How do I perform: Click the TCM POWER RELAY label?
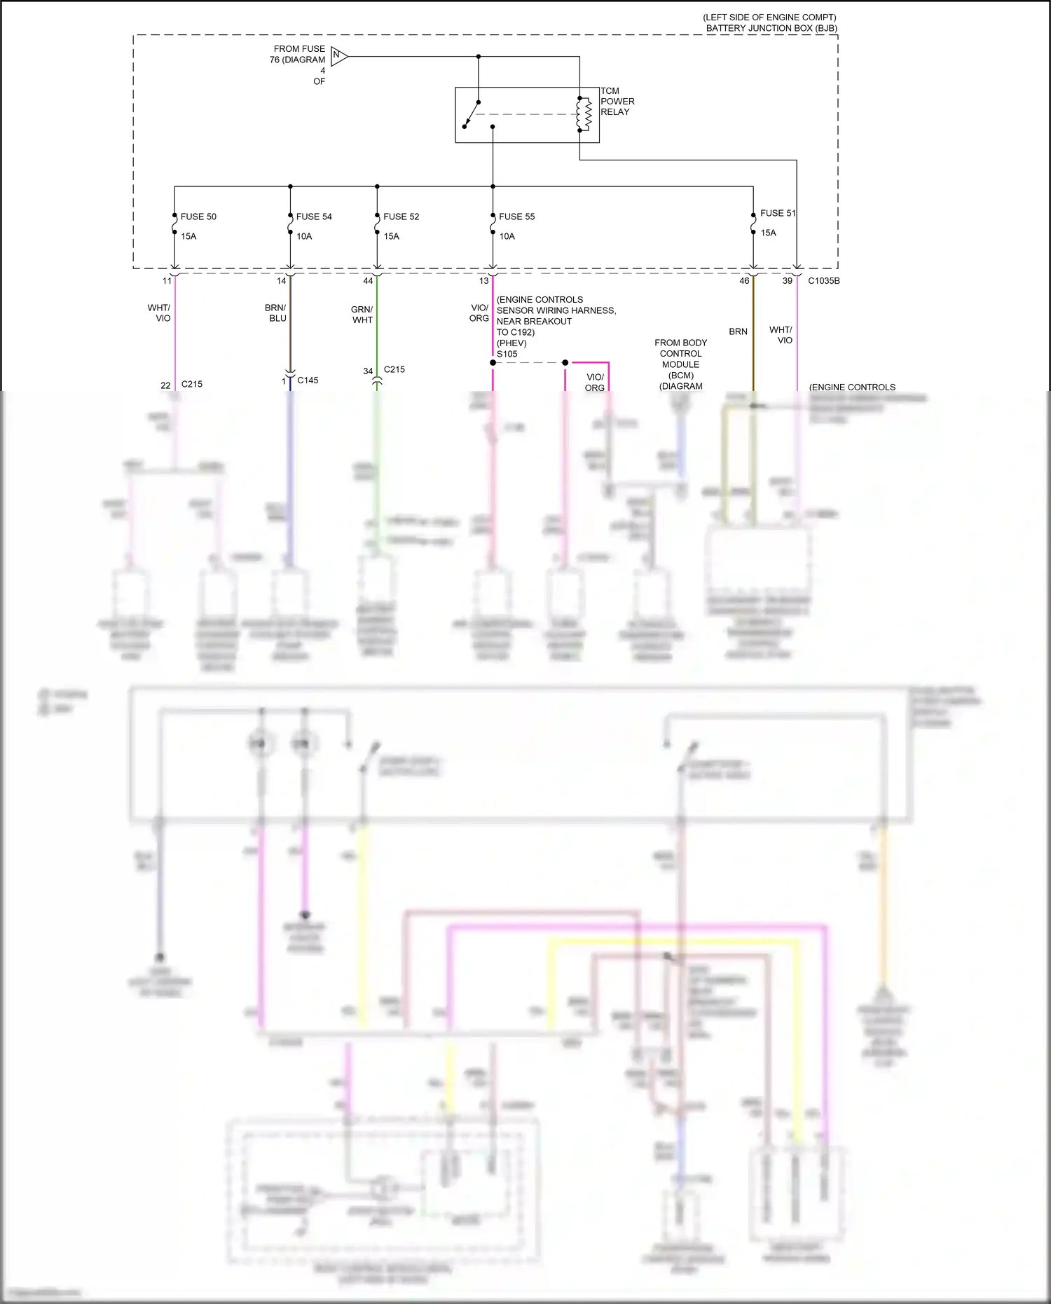pyautogui.click(x=617, y=102)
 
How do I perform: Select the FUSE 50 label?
pyautogui.click(x=198, y=217)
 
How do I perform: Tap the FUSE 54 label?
pyautogui.click(x=314, y=217)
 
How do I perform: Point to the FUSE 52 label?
pyautogui.click(x=401, y=217)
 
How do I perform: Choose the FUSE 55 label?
pyautogui.click(x=516, y=217)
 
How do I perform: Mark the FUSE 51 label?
pyautogui.click(x=778, y=213)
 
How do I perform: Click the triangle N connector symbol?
pyautogui.click(x=338, y=56)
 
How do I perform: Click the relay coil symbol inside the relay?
pyautogui.click(x=584, y=114)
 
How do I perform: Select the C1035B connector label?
pyautogui.click(x=823, y=281)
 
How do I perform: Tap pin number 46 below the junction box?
pyautogui.click(x=744, y=281)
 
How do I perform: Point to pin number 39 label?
pyautogui.click(x=788, y=281)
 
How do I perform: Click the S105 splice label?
pyautogui.click(x=507, y=354)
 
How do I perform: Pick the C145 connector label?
pyautogui.click(x=308, y=380)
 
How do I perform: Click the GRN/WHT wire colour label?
pyautogui.click(x=362, y=315)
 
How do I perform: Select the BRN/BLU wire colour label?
pyautogui.click(x=276, y=313)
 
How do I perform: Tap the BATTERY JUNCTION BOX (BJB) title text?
pyautogui.click(x=771, y=29)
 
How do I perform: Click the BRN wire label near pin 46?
pyautogui.click(x=738, y=331)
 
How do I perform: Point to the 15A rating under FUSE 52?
pyautogui.click(x=391, y=237)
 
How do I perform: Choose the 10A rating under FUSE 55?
pyautogui.click(x=507, y=237)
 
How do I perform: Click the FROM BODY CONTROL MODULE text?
pyautogui.click(x=680, y=354)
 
